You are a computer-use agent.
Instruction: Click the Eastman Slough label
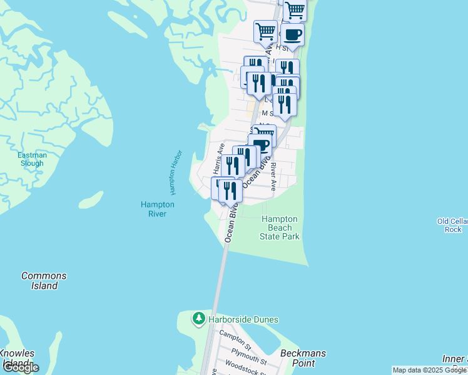(31, 159)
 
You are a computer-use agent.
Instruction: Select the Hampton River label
(158, 209)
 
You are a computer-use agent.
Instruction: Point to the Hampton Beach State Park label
(280, 228)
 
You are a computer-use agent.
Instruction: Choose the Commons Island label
(44, 281)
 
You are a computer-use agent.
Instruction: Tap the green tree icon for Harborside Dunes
(199, 319)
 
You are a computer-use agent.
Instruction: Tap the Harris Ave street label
(216, 159)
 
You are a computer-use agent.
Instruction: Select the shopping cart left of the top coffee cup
(266, 30)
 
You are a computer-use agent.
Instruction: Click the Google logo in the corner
(20, 367)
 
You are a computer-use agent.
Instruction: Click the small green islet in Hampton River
(91, 200)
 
